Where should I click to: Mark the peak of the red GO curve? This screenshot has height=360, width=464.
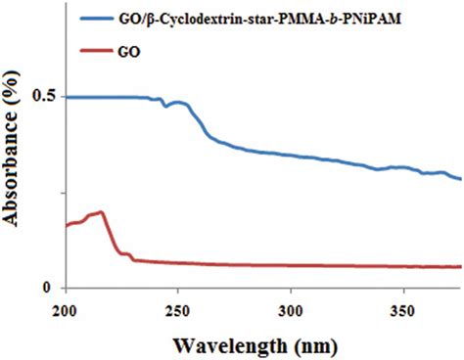point(101,211)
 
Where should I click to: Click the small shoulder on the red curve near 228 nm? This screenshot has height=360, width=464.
point(126,254)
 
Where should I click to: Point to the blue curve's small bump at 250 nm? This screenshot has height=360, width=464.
point(177,102)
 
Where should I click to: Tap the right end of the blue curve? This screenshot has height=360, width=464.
point(461,179)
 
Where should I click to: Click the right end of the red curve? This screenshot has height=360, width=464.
point(461,267)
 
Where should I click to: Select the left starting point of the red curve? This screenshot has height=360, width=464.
point(66,226)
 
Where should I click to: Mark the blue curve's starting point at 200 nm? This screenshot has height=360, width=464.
point(66,97)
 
